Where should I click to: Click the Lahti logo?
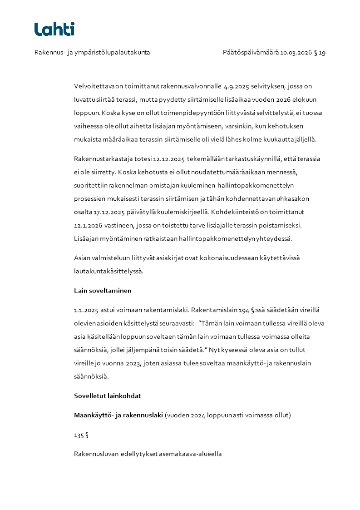54,29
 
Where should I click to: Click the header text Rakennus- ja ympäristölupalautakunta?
92,53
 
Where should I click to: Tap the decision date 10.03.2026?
296,53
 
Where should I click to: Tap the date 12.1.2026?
87,225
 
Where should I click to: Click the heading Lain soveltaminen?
103,291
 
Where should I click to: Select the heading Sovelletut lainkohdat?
108,396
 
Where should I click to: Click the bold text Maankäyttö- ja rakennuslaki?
118,415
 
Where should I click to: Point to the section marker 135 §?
81,435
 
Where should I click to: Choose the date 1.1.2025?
86,311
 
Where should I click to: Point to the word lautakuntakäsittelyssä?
108,271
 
